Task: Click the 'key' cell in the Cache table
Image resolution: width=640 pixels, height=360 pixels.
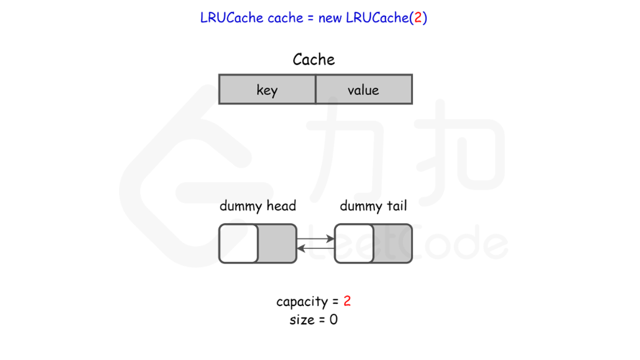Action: click(x=267, y=90)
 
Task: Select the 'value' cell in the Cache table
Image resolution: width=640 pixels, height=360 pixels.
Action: click(x=364, y=90)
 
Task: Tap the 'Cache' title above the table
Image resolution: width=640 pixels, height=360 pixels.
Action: click(x=314, y=59)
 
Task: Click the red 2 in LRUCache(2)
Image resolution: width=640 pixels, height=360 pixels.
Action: click(x=417, y=18)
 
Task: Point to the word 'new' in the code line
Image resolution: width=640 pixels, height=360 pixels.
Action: click(x=330, y=18)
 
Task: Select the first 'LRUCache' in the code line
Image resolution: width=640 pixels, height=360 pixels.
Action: click(x=232, y=18)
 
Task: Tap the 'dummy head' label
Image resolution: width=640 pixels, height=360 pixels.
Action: click(x=258, y=206)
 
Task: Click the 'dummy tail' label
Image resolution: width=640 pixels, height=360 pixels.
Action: click(x=373, y=206)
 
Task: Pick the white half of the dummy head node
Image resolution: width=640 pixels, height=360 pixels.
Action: click(x=238, y=244)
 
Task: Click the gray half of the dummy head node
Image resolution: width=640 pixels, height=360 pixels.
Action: click(x=277, y=244)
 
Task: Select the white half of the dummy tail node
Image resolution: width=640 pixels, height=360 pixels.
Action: click(x=354, y=244)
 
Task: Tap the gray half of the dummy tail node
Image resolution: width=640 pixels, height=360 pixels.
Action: click(x=393, y=244)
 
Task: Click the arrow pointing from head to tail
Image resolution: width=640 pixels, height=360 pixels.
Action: click(x=316, y=239)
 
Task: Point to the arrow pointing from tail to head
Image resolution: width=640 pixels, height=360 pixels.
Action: click(x=316, y=248)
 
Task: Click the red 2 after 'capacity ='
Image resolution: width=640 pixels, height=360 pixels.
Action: click(x=347, y=301)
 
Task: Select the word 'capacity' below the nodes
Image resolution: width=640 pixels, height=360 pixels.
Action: click(x=302, y=301)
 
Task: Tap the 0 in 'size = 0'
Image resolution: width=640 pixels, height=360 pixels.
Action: click(x=333, y=321)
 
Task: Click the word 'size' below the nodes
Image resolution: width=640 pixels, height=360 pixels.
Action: click(x=302, y=321)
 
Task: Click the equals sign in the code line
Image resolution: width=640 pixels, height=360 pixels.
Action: click(x=309, y=18)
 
